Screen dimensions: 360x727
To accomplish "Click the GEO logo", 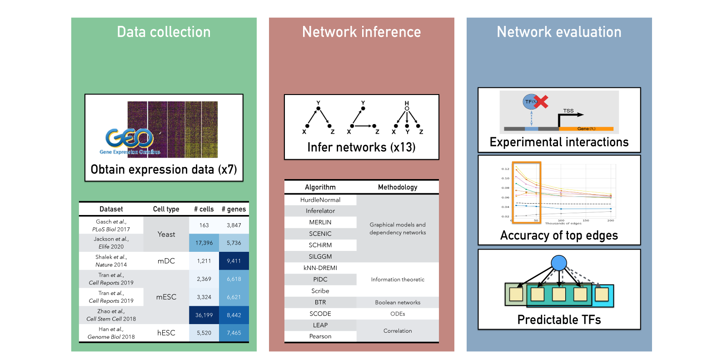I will [129, 138].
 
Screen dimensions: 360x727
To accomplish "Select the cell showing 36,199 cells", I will [204, 315].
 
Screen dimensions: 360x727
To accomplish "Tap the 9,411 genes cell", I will [234, 261].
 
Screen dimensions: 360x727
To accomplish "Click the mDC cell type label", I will [166, 261].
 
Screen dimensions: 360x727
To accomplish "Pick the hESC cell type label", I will [166, 333].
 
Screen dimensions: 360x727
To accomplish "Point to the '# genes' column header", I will [234, 209].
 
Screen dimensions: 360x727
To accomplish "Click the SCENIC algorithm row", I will [320, 234].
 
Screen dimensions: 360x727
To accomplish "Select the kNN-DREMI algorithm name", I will [320, 268].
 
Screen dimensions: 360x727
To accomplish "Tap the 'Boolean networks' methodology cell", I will [398, 302].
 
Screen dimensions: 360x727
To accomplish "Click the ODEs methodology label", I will [398, 314].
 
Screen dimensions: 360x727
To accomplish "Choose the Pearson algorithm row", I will [320, 336].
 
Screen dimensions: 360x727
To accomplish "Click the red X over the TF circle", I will [541, 102].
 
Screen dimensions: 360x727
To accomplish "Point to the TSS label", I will [568, 110].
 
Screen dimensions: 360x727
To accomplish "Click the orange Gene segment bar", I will [586, 129].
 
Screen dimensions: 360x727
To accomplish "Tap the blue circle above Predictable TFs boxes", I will [559, 263].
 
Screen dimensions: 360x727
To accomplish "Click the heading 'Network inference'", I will [361, 32].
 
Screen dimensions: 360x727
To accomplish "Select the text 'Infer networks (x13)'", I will [361, 147].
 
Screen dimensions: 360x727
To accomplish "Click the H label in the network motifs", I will [407, 103].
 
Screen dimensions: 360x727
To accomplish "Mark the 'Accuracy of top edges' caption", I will [559, 235].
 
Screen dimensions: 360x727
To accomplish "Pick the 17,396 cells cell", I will [204, 243].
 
